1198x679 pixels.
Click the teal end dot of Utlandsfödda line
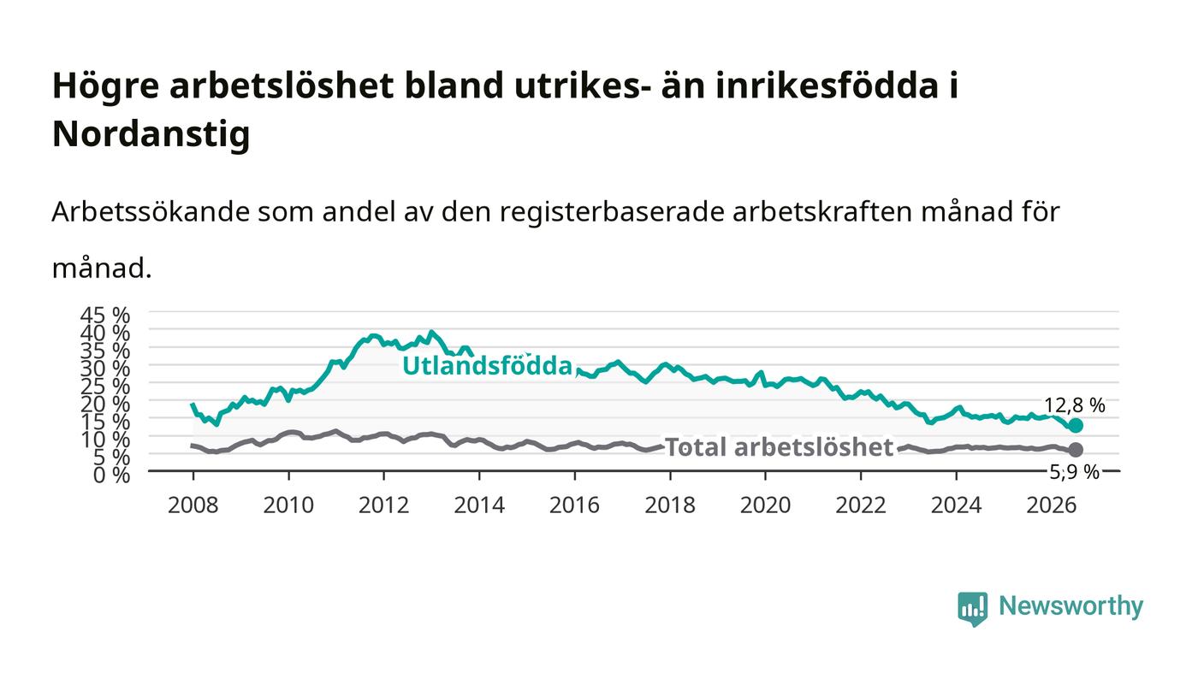pyautogui.click(x=1076, y=426)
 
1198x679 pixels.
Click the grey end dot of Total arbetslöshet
pyautogui.click(x=1076, y=450)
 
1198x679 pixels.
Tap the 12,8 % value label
pyautogui.click(x=1075, y=405)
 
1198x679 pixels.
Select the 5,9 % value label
pyautogui.click(x=1075, y=472)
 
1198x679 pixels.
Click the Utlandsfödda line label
pyautogui.click(x=487, y=366)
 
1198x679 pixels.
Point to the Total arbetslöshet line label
pyautogui.click(x=780, y=447)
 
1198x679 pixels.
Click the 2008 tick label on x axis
pyautogui.click(x=193, y=505)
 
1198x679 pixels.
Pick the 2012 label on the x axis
pyautogui.click(x=383, y=505)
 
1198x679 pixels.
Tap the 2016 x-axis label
pyautogui.click(x=574, y=505)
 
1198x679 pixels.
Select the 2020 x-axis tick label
pyautogui.click(x=765, y=505)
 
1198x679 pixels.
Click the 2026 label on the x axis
pyautogui.click(x=1052, y=505)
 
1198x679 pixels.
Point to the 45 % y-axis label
pyautogui.click(x=105, y=316)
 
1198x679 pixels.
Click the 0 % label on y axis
pyautogui.click(x=112, y=475)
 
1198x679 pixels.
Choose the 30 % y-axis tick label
pyautogui.click(x=105, y=369)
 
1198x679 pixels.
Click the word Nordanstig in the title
pyautogui.click(x=151, y=133)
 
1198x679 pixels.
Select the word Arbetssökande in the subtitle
pyautogui.click(x=151, y=212)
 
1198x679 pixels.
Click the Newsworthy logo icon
pyautogui.click(x=972, y=609)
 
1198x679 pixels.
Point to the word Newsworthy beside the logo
pyautogui.click(x=1070, y=606)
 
